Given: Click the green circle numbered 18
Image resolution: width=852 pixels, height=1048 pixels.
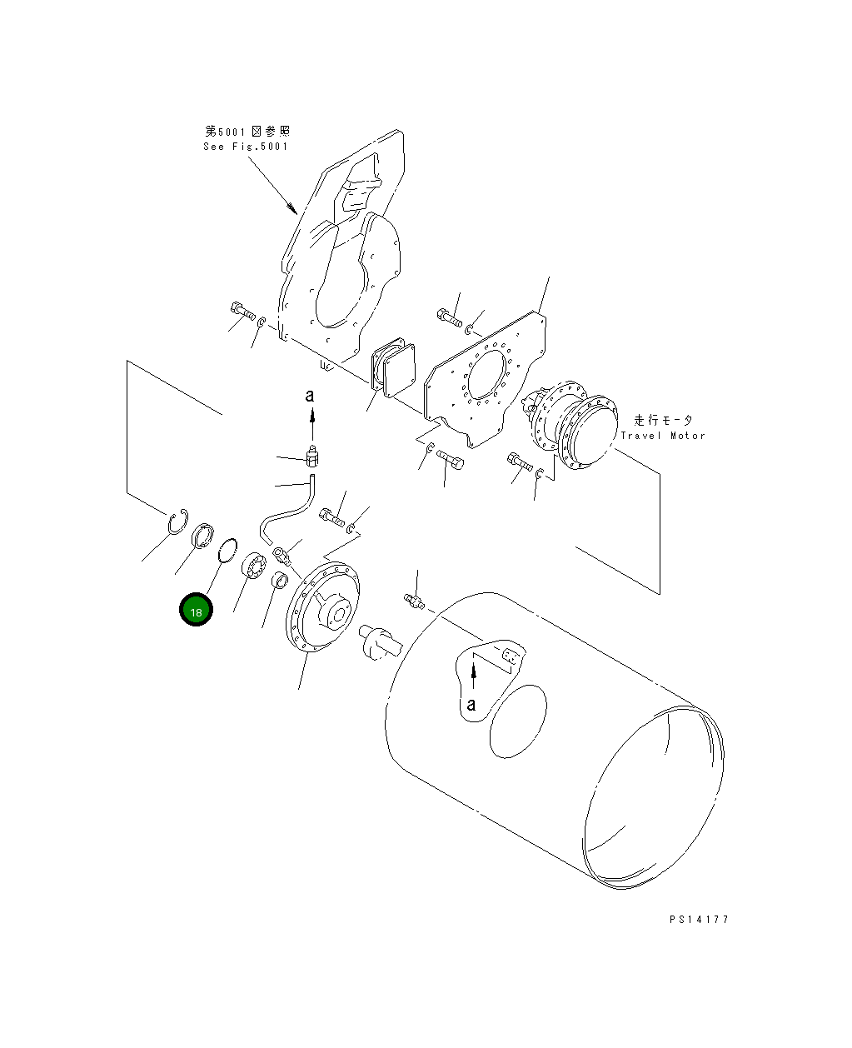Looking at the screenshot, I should pyautogui.click(x=196, y=611).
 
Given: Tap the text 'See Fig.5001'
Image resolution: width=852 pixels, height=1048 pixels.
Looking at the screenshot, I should pyautogui.click(x=246, y=147).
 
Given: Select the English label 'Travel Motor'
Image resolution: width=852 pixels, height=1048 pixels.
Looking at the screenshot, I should pyautogui.click(x=662, y=436).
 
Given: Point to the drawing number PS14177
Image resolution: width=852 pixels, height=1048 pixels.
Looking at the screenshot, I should pyautogui.click(x=699, y=920).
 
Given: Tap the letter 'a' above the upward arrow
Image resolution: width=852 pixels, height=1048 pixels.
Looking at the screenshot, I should pyautogui.click(x=310, y=396).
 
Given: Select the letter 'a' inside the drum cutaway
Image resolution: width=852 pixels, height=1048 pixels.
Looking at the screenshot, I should pyautogui.click(x=471, y=704).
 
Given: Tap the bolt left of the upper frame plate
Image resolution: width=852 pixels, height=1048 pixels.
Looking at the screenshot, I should pyautogui.click(x=241, y=311).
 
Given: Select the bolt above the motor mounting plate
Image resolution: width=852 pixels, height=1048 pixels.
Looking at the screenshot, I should pyautogui.click(x=447, y=317).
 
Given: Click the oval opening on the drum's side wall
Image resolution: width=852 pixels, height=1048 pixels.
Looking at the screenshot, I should pyautogui.click(x=518, y=721).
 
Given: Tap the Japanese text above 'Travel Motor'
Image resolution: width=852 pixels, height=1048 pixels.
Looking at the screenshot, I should pyautogui.click(x=663, y=421).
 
